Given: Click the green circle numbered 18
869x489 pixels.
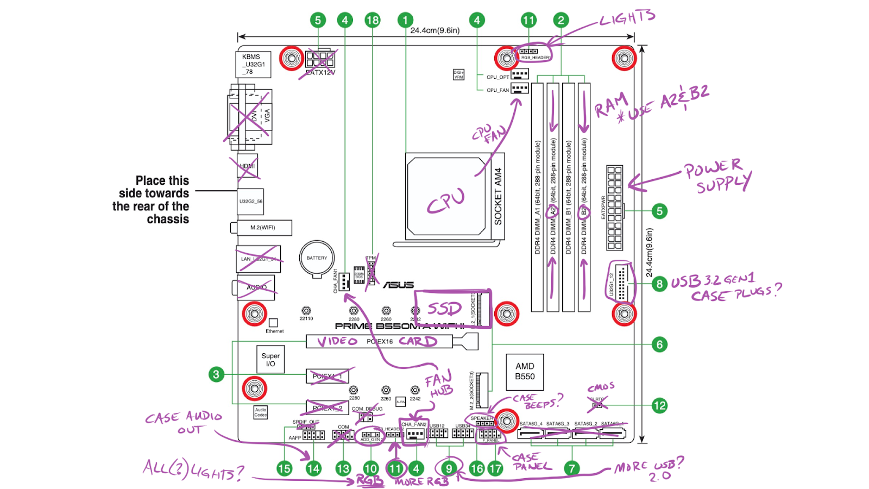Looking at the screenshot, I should pos(372,21).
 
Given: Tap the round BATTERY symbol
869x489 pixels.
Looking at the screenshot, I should pos(317,258).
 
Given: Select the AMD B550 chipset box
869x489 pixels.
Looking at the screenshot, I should pos(525,372).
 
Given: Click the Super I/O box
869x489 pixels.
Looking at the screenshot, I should pos(270,360).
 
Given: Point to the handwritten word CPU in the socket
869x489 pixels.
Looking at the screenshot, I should pos(446,202).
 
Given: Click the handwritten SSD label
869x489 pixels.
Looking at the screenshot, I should pos(444,309).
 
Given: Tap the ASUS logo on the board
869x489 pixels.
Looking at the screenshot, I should pos(399,285).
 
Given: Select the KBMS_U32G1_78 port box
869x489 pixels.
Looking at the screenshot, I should pos(253,64).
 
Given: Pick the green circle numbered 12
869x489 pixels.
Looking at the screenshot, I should pos(659,405).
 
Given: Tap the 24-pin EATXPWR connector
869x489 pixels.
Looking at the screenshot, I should pos(614,208).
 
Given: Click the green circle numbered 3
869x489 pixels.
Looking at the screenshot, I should pos(216,374).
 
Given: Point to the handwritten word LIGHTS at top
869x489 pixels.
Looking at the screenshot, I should pos(627,18).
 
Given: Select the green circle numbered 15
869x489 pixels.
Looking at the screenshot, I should pos(284,468).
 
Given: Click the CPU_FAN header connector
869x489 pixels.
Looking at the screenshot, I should pos(519,89).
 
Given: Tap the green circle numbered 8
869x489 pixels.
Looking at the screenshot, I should pos(659,284).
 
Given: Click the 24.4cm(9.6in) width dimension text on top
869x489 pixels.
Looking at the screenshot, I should pos(434,30).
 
